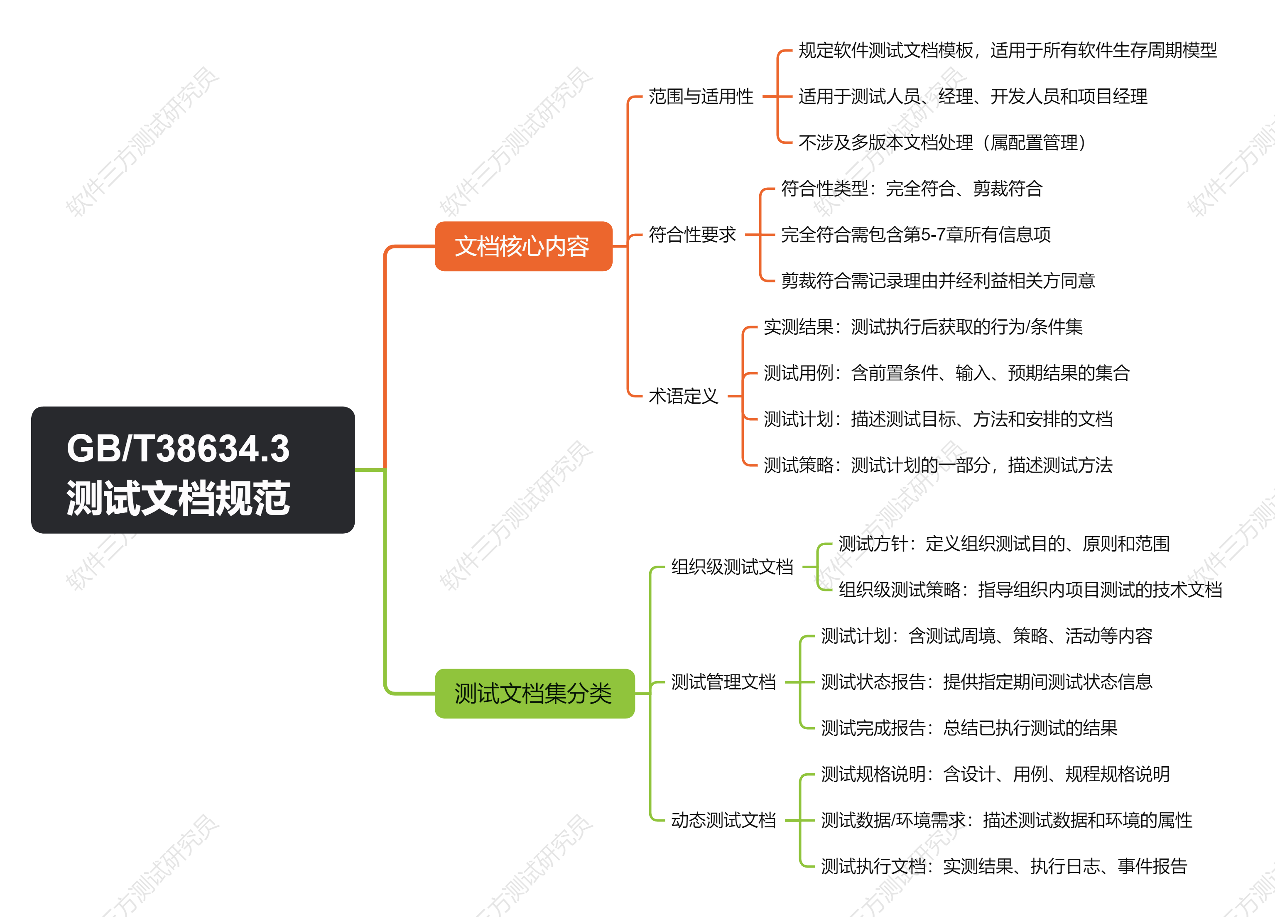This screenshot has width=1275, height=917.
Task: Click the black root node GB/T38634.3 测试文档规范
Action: (193, 470)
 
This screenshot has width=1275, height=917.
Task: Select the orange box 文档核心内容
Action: (523, 246)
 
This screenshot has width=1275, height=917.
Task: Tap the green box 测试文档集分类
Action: (534, 693)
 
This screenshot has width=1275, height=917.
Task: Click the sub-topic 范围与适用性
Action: (701, 97)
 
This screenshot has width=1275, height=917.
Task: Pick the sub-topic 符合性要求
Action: (692, 235)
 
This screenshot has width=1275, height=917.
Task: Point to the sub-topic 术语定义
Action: (683, 396)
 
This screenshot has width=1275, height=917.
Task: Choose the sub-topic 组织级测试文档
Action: (732, 567)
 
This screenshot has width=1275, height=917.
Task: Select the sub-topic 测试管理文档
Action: (723, 682)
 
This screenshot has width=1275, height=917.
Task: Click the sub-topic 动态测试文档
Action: (723, 820)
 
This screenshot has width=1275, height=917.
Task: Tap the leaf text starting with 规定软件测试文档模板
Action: (1008, 51)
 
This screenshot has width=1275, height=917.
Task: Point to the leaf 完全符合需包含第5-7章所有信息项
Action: (916, 235)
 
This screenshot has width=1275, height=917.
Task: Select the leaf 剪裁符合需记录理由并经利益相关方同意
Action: (938, 281)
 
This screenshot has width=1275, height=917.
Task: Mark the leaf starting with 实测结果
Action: (922, 327)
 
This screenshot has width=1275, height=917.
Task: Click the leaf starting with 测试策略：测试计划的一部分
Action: (938, 465)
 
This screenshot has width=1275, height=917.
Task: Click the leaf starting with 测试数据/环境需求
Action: (1006, 820)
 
